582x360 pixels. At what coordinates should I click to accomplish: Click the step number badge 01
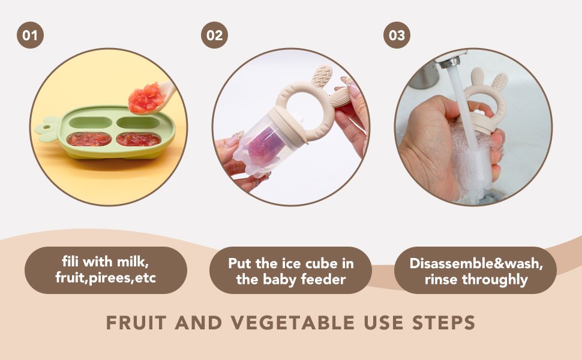[30, 35]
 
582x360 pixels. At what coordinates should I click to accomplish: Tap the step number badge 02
[214, 35]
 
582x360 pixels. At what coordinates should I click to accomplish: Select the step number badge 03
[397, 35]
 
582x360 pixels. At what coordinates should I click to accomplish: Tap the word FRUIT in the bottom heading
[136, 323]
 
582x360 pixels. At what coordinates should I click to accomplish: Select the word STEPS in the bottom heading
[444, 323]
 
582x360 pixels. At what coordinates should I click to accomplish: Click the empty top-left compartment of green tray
[91, 122]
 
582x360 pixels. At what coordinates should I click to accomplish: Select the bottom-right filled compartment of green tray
[139, 139]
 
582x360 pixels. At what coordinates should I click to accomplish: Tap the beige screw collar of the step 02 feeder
[287, 124]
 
